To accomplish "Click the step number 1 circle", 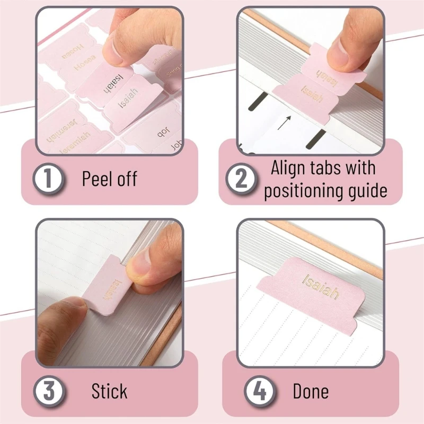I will (48, 179).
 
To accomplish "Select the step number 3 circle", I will (48, 392).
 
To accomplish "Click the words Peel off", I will (110, 179).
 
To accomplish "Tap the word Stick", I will (109, 392).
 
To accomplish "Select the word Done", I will (311, 392).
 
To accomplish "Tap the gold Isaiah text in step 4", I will (321, 286).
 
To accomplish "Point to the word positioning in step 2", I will (300, 190).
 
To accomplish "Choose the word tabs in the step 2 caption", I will (330, 168).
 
